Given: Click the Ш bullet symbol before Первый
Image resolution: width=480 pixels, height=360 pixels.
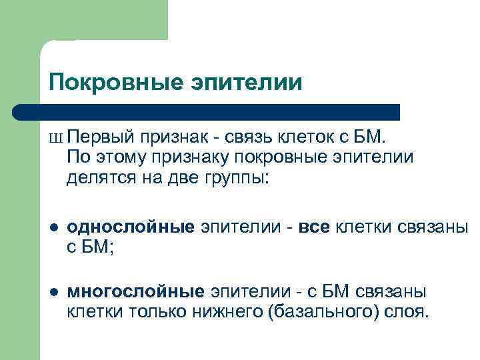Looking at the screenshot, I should [x=55, y=139].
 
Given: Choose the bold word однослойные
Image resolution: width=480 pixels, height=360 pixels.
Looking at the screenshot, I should [x=131, y=228].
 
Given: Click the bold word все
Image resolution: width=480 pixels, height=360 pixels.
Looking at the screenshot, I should [x=314, y=228].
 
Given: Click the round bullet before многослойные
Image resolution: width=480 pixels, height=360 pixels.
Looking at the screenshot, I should [x=54, y=291].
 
